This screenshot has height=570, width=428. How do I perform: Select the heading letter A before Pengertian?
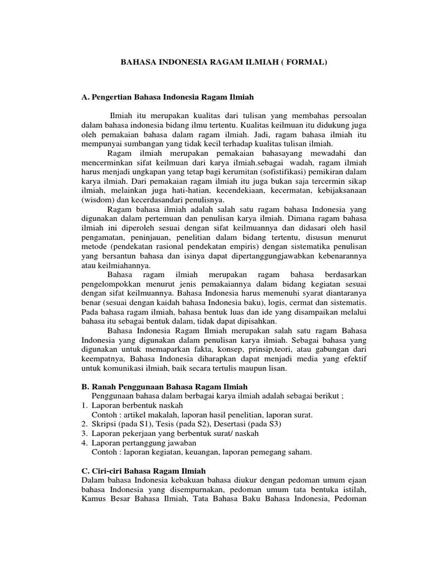[x=85, y=97]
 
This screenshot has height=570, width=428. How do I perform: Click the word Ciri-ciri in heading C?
[x=108, y=471]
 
